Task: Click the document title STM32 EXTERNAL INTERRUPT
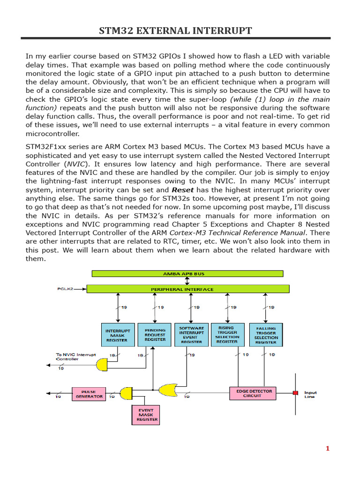(175, 31)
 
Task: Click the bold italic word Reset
(183, 190)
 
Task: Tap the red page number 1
(328, 449)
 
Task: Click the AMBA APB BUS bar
(187, 273)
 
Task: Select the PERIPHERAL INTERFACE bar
(182, 289)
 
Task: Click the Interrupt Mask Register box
(117, 335)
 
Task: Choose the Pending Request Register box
(155, 335)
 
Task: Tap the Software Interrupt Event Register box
(191, 335)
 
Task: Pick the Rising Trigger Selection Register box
(228, 335)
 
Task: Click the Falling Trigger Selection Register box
(266, 335)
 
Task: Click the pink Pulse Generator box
(89, 393)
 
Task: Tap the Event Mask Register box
(145, 414)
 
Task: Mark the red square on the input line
(295, 392)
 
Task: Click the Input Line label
(310, 395)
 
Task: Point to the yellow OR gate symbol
(168, 389)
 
